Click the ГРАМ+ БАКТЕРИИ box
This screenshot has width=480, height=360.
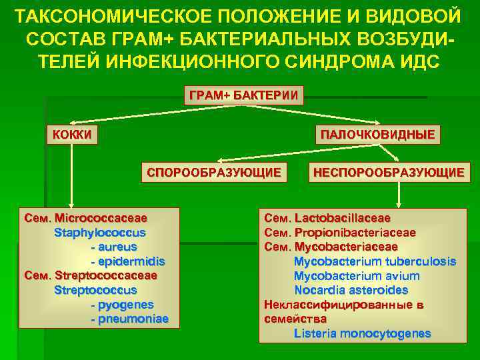click(243, 95)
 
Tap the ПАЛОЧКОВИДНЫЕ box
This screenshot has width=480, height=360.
click(377, 135)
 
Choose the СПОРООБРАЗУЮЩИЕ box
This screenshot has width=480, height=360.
click(213, 173)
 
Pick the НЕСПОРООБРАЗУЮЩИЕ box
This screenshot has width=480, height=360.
click(389, 173)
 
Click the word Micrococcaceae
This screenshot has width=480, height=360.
click(101, 217)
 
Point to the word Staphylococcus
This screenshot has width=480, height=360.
click(99, 232)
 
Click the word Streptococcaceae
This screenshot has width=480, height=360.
click(107, 275)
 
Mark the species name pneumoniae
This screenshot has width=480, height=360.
click(133, 319)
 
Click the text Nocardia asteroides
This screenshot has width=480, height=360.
click(351, 291)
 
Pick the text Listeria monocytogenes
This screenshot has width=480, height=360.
click(362, 333)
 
